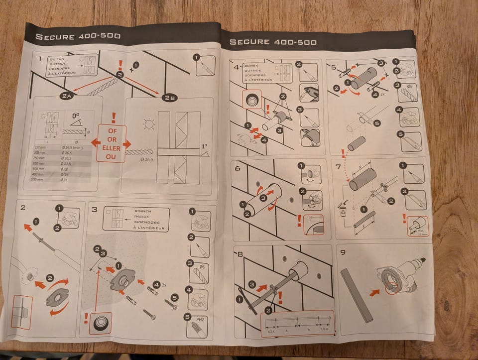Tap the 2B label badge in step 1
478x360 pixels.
click(169, 97)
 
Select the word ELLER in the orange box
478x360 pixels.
click(112, 148)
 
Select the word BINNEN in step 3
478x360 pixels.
click(143, 212)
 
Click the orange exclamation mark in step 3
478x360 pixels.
click(86, 318)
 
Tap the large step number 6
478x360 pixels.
click(238, 168)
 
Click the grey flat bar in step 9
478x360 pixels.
click(357, 295)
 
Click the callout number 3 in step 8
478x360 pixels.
click(251, 284)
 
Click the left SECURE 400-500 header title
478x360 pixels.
click(78, 36)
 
